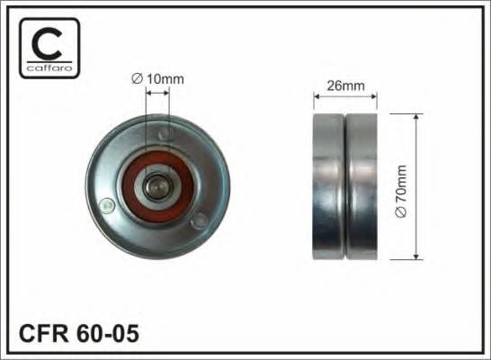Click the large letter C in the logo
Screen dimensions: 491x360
tap(47, 44)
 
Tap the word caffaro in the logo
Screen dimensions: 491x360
tap(49, 67)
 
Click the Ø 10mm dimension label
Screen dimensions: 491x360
tap(157, 79)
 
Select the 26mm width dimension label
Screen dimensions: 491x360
tap(345, 85)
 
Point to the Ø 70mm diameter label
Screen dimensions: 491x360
tap(401, 191)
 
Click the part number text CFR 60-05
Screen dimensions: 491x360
tap(79, 333)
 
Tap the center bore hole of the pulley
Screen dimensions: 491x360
tap(157, 187)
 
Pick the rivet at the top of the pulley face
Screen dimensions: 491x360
tap(165, 134)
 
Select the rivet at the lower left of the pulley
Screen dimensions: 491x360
tap(107, 206)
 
